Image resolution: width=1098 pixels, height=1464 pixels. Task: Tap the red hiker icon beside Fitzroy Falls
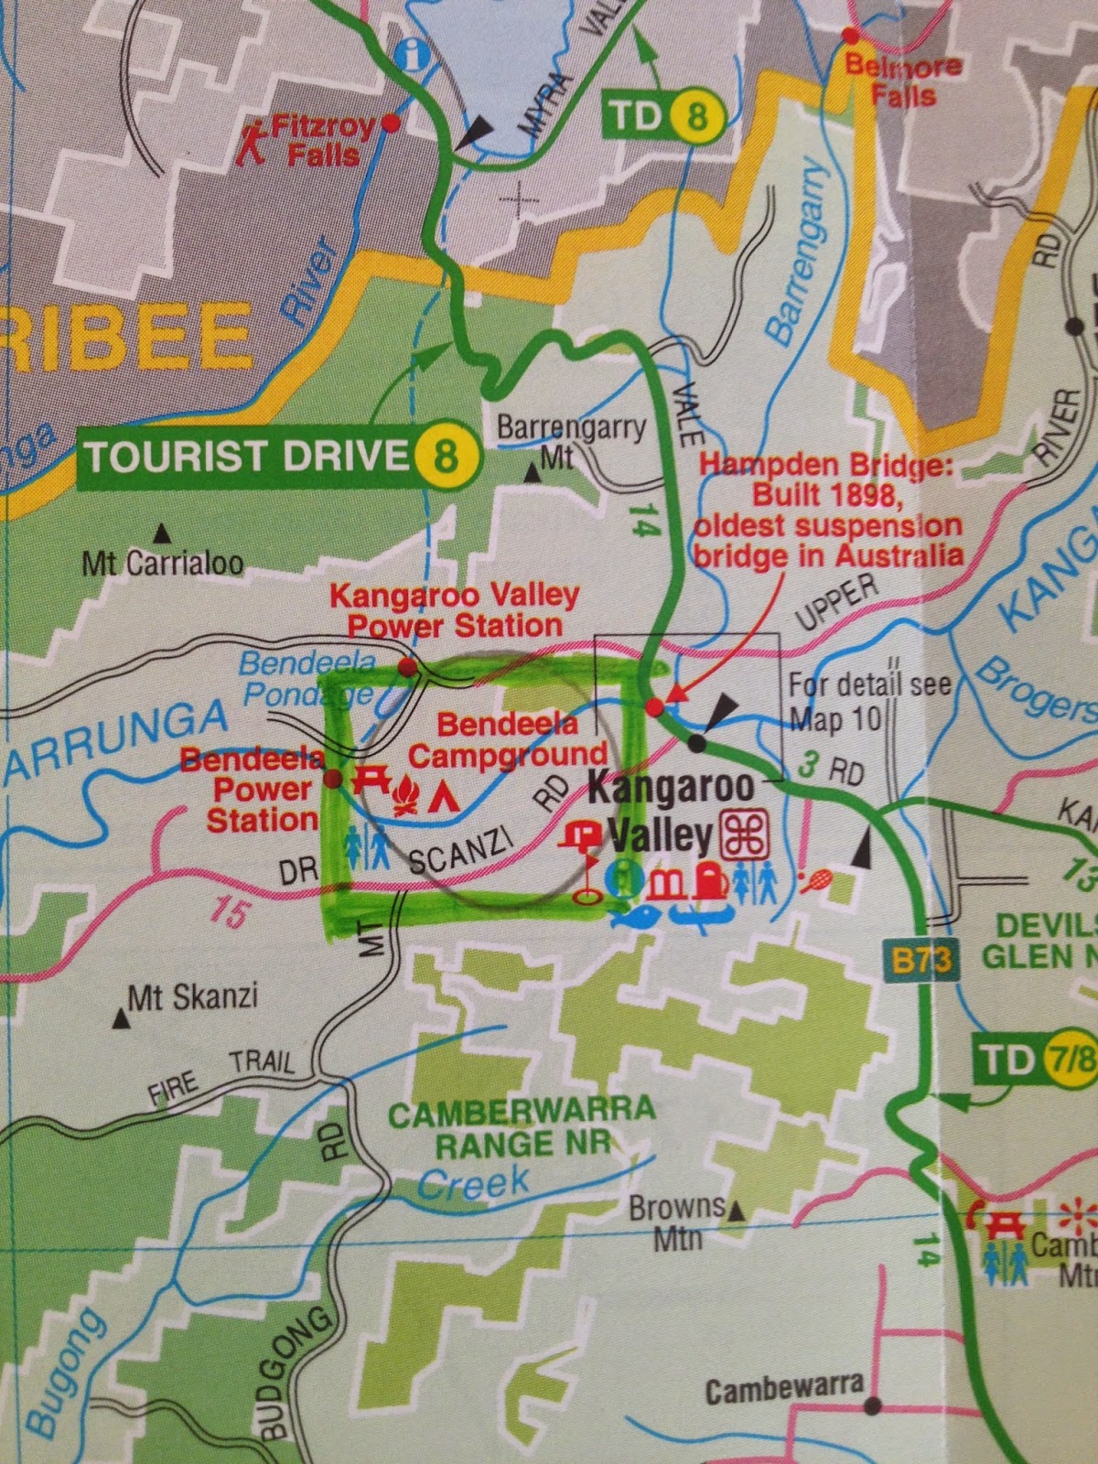coord(253,144)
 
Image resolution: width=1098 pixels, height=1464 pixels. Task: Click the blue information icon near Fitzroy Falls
coord(414,54)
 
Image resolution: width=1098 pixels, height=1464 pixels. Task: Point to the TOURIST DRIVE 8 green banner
coord(280,455)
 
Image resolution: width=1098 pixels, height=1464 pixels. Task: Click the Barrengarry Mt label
coord(571,440)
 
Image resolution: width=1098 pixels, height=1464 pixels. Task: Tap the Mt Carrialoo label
coord(163,563)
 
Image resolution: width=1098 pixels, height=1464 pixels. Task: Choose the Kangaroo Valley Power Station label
coord(455,610)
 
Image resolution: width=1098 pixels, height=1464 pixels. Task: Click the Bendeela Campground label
coord(508,739)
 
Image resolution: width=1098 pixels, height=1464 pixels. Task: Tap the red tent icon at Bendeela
coord(445,797)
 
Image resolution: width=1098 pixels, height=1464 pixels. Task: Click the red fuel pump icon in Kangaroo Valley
coord(708,880)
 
